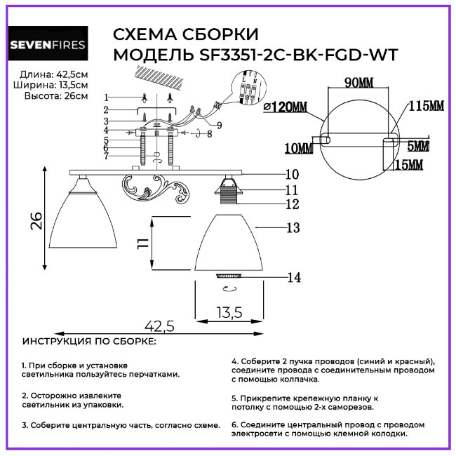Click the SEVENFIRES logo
click(47, 45)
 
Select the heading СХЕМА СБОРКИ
click(186, 35)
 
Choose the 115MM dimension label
click(427, 106)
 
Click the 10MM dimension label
click(300, 148)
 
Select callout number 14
click(294, 278)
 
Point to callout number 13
click(293, 227)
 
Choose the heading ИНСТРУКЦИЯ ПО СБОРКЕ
click(90, 342)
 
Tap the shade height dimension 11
click(142, 243)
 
